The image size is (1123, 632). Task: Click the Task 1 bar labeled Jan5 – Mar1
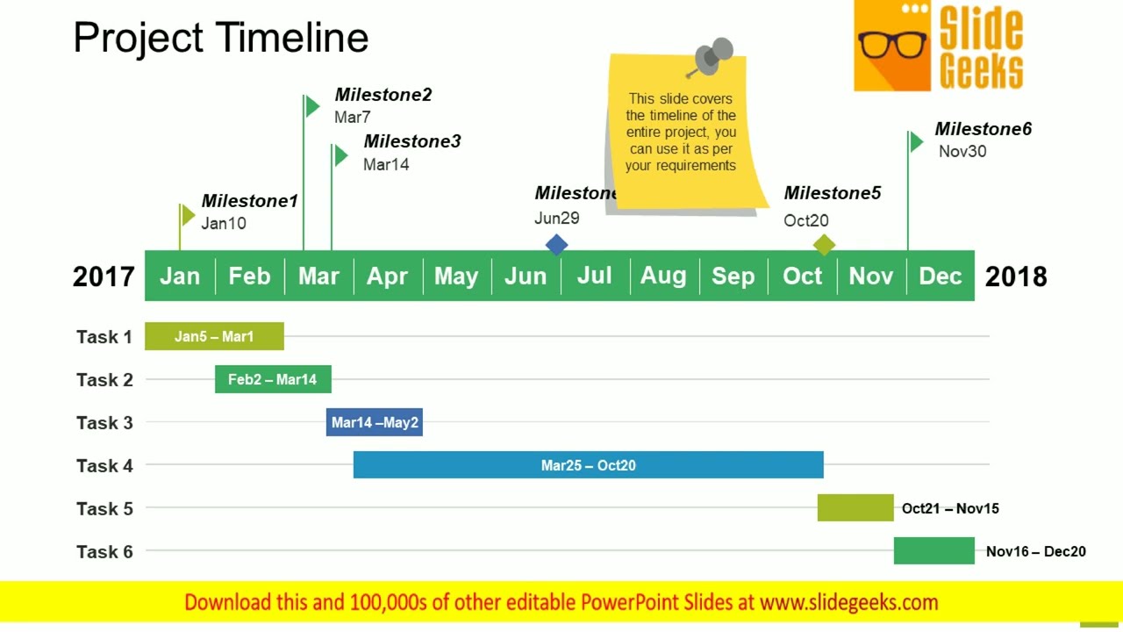click(x=214, y=336)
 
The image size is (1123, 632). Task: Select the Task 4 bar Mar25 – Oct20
click(x=588, y=465)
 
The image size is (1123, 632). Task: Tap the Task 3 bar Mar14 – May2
click(x=375, y=422)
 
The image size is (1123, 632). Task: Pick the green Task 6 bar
click(x=933, y=551)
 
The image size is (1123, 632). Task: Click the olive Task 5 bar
click(x=855, y=508)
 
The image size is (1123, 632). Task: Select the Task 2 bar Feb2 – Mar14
click(x=273, y=379)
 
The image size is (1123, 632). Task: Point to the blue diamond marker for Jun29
click(x=556, y=245)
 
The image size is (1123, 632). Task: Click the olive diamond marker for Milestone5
click(x=824, y=245)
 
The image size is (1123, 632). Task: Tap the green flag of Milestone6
click(x=917, y=141)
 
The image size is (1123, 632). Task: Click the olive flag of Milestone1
click(x=188, y=215)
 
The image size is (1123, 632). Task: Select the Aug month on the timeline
click(x=663, y=276)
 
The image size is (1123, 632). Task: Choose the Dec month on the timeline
click(x=941, y=276)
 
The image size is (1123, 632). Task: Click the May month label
click(x=456, y=276)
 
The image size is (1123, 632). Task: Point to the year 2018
click(x=1016, y=276)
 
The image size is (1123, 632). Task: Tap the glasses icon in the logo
click(x=892, y=44)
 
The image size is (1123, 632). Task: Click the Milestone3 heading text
click(x=411, y=141)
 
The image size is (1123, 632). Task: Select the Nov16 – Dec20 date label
click(x=1035, y=551)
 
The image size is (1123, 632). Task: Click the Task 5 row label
click(x=104, y=508)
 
